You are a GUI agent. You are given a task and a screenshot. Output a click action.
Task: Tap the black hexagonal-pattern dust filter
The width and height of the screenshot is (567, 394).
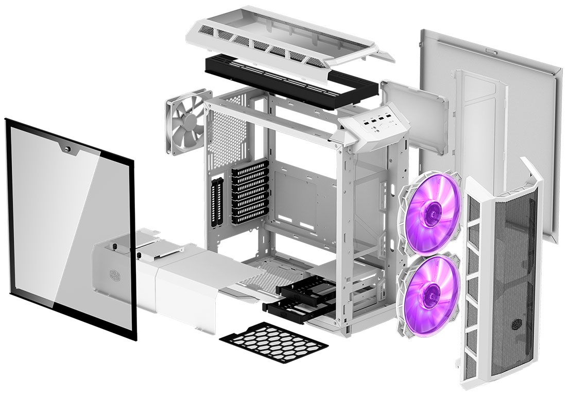click(273, 342)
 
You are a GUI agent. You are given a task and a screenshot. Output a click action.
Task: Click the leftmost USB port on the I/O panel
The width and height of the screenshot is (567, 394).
click(364, 119)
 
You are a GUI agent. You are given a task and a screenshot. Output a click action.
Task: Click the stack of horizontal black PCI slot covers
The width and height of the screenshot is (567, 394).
click(250, 191)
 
